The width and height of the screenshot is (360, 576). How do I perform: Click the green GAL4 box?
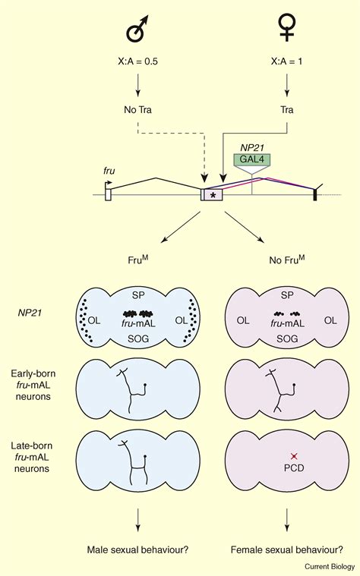click(251, 162)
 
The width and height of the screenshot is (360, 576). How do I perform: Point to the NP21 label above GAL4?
click(251, 147)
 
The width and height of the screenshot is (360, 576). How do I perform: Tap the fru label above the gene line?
click(109, 172)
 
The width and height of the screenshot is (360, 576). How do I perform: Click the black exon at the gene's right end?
click(315, 196)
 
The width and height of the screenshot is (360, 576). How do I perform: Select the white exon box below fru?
click(109, 195)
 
